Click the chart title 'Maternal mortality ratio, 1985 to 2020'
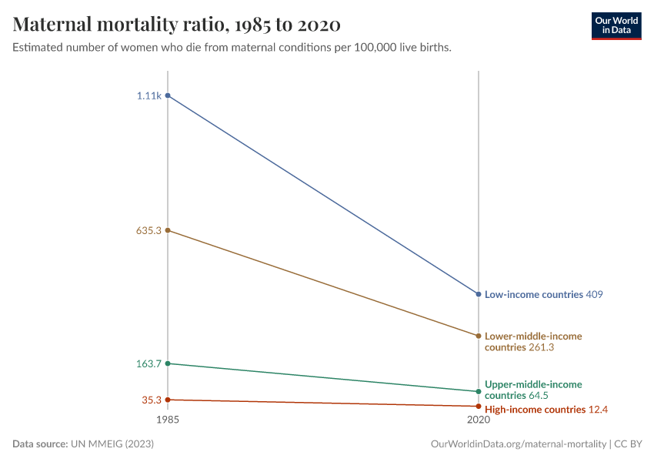176,25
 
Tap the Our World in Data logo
616,25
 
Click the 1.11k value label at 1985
148,95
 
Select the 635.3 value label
148,230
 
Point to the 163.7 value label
148,363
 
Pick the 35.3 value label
150,400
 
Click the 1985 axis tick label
168,420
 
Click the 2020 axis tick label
479,420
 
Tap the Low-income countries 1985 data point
168,95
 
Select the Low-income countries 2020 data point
479,294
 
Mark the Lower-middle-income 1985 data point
168,230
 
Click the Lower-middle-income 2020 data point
479,336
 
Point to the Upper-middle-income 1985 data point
168,363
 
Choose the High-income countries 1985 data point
168,400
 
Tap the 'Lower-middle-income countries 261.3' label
532,342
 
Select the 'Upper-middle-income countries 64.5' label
532,390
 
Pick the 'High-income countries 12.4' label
546,410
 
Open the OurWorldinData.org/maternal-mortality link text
519,444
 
